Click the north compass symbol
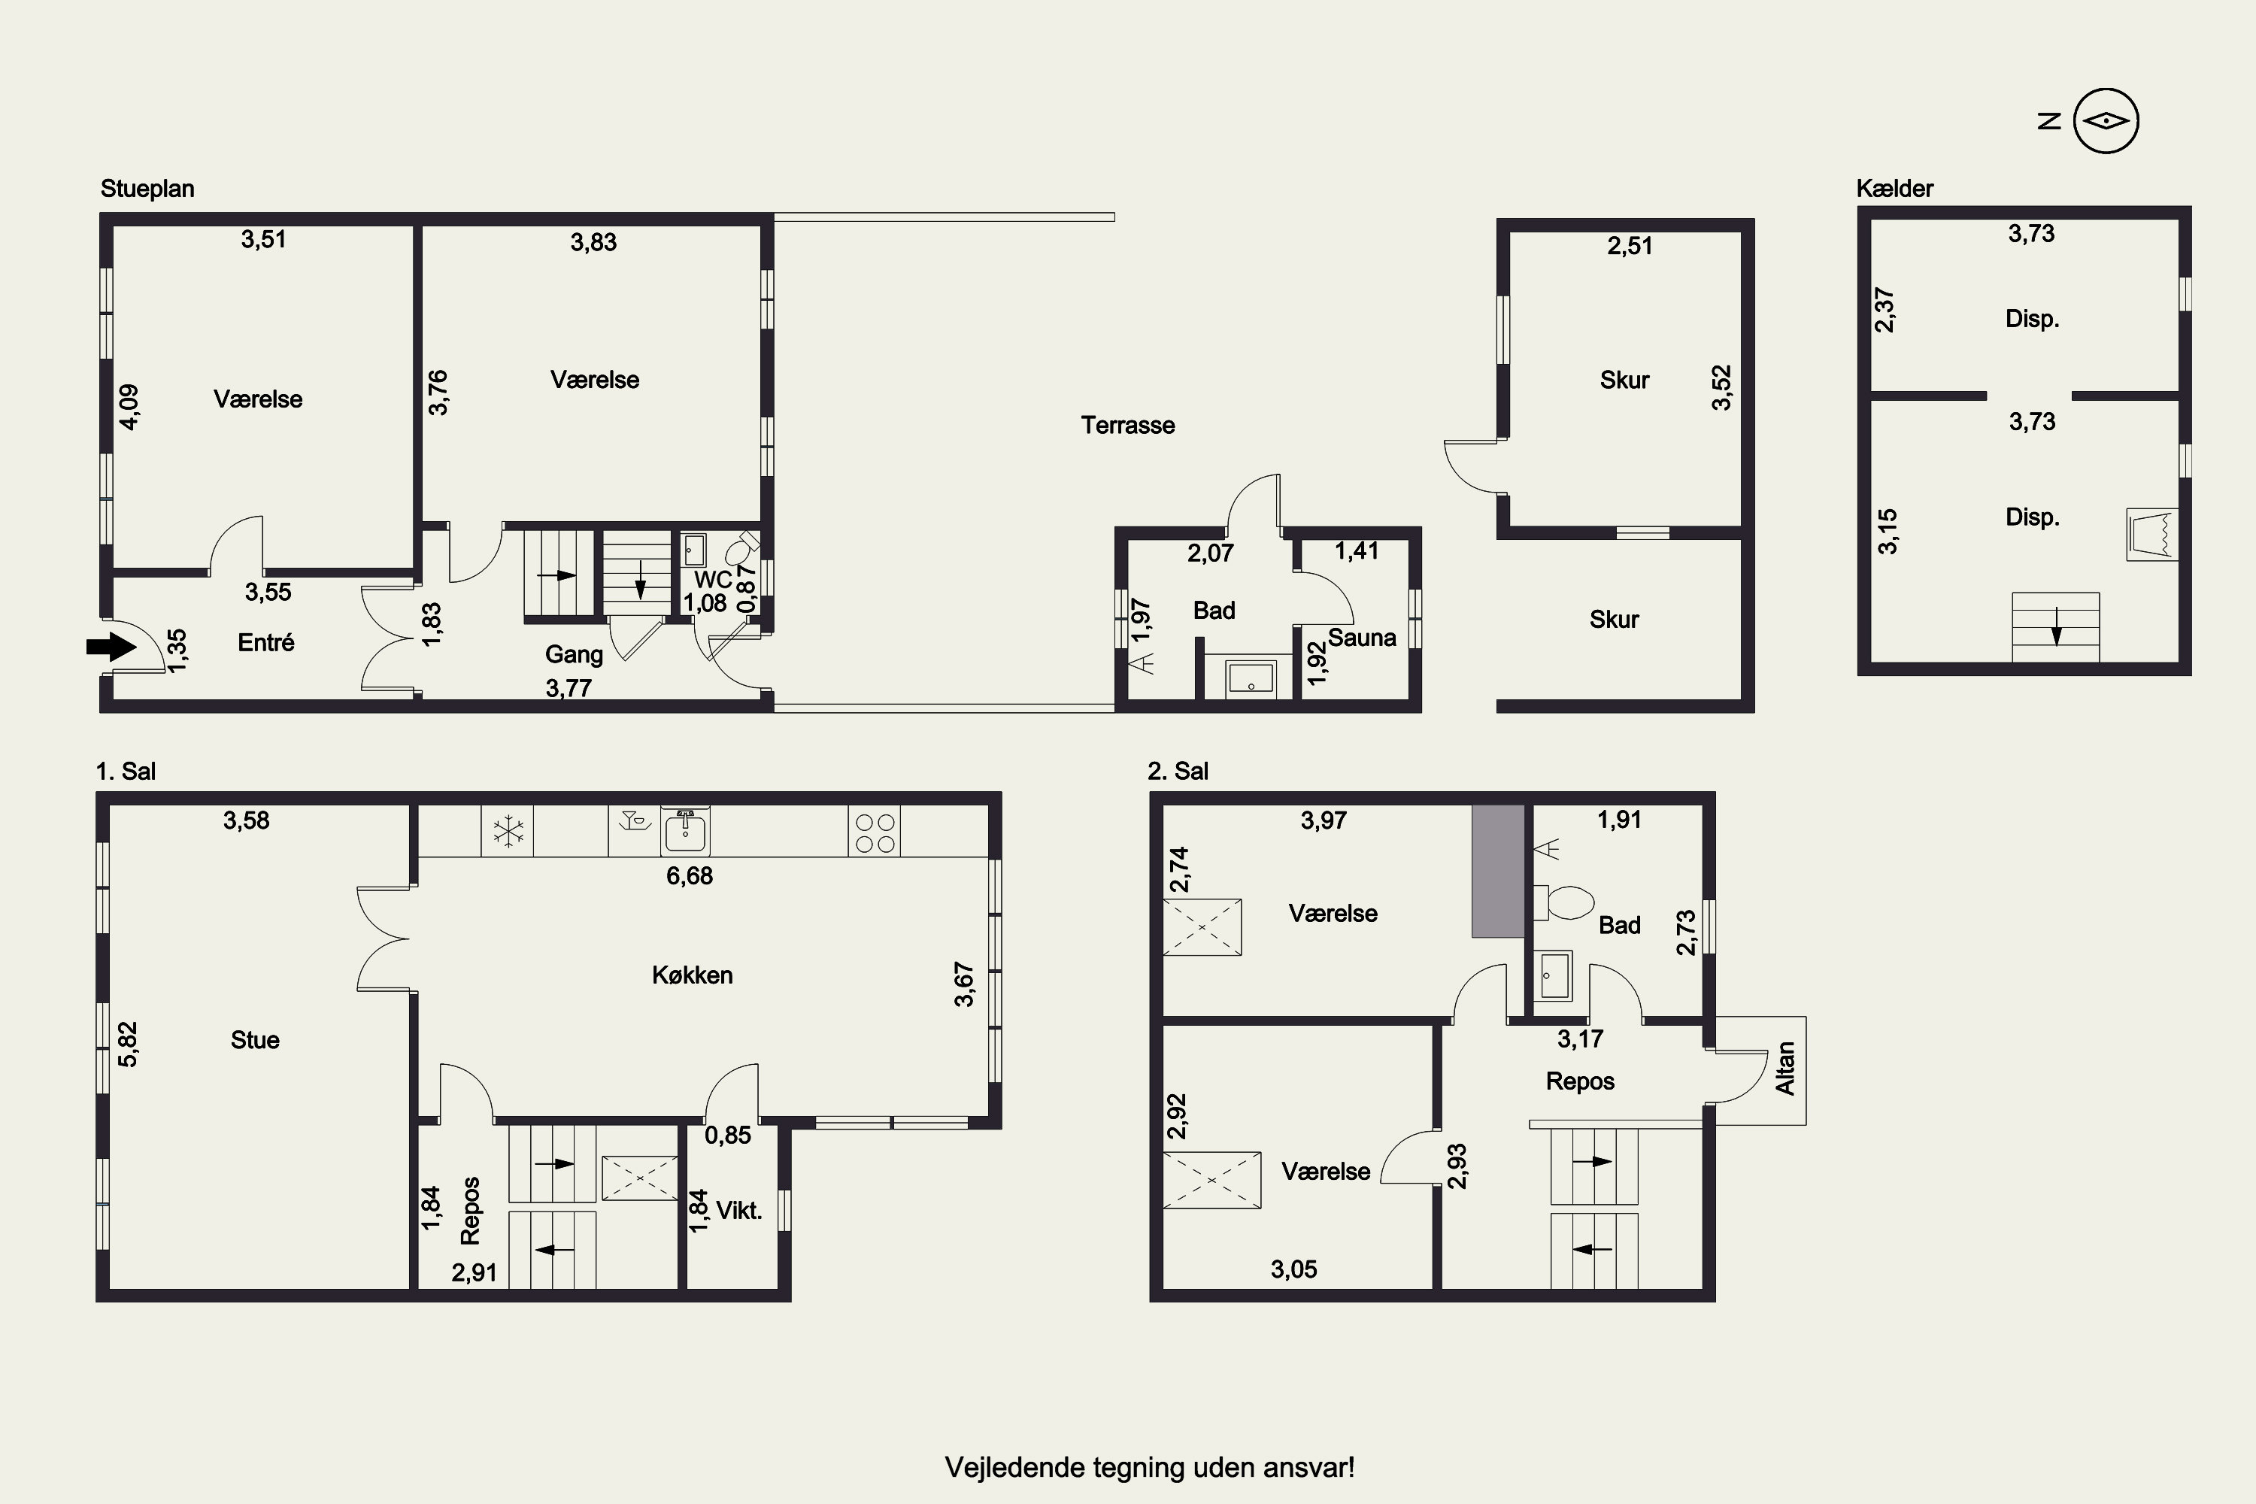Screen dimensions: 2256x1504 click(2106, 121)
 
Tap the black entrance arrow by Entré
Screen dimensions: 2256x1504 click(111, 647)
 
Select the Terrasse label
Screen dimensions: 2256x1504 click(1128, 425)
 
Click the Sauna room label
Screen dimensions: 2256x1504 click(1362, 638)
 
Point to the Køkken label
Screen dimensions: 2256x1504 click(693, 975)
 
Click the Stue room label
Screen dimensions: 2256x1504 click(255, 1040)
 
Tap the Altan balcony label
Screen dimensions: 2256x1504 click(1785, 1069)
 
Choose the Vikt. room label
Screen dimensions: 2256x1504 click(739, 1211)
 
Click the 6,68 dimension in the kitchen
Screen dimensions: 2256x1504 click(690, 876)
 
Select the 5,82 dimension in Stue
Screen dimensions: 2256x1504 click(128, 1044)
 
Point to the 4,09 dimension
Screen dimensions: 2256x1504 click(129, 407)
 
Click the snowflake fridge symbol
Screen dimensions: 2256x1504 click(508, 831)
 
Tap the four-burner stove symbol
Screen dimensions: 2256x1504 click(875, 832)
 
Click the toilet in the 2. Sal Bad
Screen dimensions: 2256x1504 click(1563, 902)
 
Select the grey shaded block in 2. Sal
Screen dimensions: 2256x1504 click(1498, 871)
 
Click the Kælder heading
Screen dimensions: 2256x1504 click(1894, 189)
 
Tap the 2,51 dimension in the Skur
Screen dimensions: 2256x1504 click(1630, 247)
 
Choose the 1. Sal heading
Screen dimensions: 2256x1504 click(126, 772)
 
